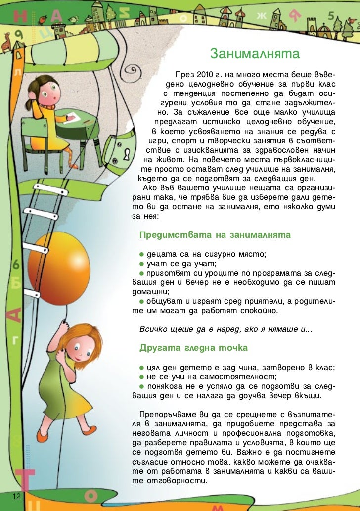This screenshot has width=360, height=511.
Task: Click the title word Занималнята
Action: [x=255, y=53]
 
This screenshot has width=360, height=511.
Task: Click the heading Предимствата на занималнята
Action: [x=215, y=235]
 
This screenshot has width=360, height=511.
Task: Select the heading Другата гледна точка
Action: [x=193, y=348]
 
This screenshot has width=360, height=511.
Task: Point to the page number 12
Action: [x=17, y=496]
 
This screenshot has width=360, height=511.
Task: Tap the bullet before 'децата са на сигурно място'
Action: [x=141, y=254]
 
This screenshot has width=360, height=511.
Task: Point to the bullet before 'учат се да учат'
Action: [x=141, y=264]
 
